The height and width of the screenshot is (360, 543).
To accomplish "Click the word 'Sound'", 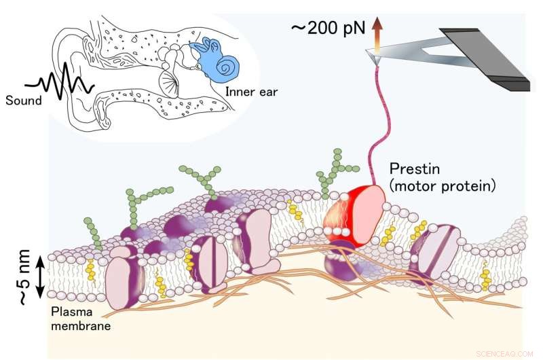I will point(22,100).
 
